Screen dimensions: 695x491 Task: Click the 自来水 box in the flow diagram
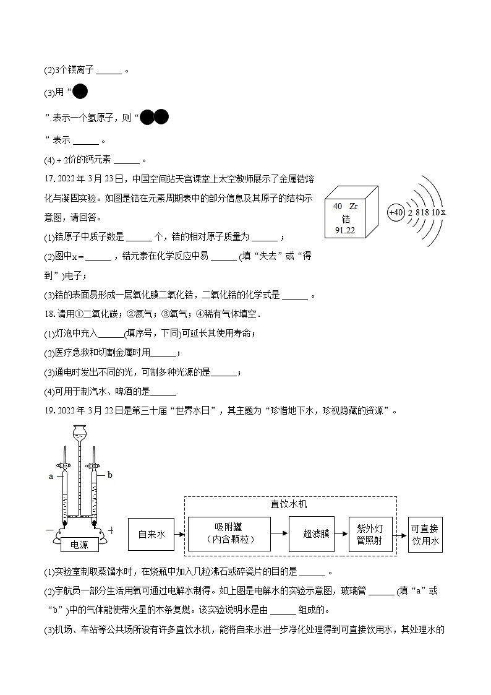151,533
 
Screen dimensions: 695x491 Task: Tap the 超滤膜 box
315,533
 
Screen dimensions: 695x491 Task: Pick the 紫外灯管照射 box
370,533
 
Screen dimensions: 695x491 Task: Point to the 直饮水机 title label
289,504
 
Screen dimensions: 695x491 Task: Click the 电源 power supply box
80,545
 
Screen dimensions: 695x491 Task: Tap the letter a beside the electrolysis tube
51,477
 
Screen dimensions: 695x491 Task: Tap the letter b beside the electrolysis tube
109,475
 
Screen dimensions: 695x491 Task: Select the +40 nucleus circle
396,212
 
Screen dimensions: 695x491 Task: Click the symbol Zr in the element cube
353,206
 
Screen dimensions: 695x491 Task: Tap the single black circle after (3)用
80,92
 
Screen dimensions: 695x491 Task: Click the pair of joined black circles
154,117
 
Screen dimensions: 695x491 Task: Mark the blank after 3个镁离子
109,71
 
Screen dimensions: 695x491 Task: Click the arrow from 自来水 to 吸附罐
179,533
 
